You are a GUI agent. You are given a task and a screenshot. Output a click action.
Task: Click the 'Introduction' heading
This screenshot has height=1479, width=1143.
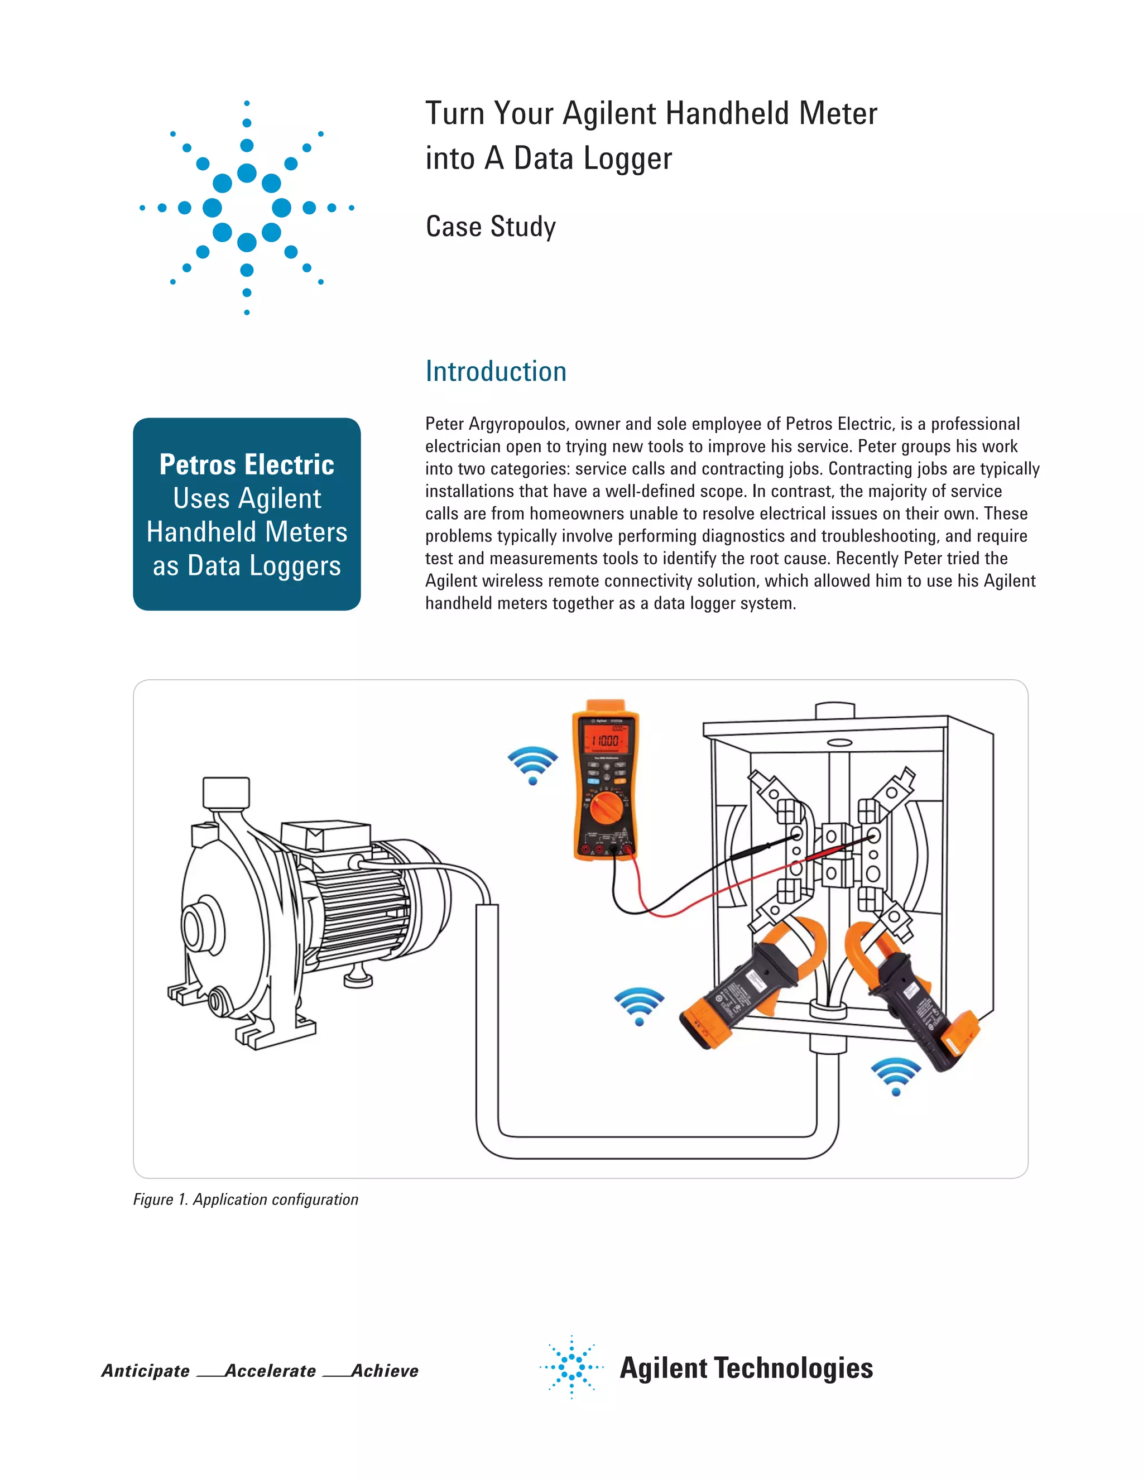496,372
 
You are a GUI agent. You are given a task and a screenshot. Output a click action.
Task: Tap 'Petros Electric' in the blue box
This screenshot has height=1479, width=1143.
247,464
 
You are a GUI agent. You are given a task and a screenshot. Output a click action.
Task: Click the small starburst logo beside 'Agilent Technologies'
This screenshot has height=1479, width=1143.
571,1367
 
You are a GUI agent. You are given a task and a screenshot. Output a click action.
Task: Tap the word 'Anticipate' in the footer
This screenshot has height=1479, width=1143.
145,1371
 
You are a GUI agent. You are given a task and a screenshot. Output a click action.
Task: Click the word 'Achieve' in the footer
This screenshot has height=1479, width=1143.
385,1371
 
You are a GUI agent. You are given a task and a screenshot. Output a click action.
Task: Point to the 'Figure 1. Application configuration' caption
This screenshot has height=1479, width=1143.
245,1199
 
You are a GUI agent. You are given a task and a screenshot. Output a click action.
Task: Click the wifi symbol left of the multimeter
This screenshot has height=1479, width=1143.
533,765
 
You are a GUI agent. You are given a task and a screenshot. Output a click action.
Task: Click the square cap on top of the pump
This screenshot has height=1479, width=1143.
225,793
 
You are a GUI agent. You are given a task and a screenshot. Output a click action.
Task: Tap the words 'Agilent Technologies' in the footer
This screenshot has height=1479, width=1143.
746,1368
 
